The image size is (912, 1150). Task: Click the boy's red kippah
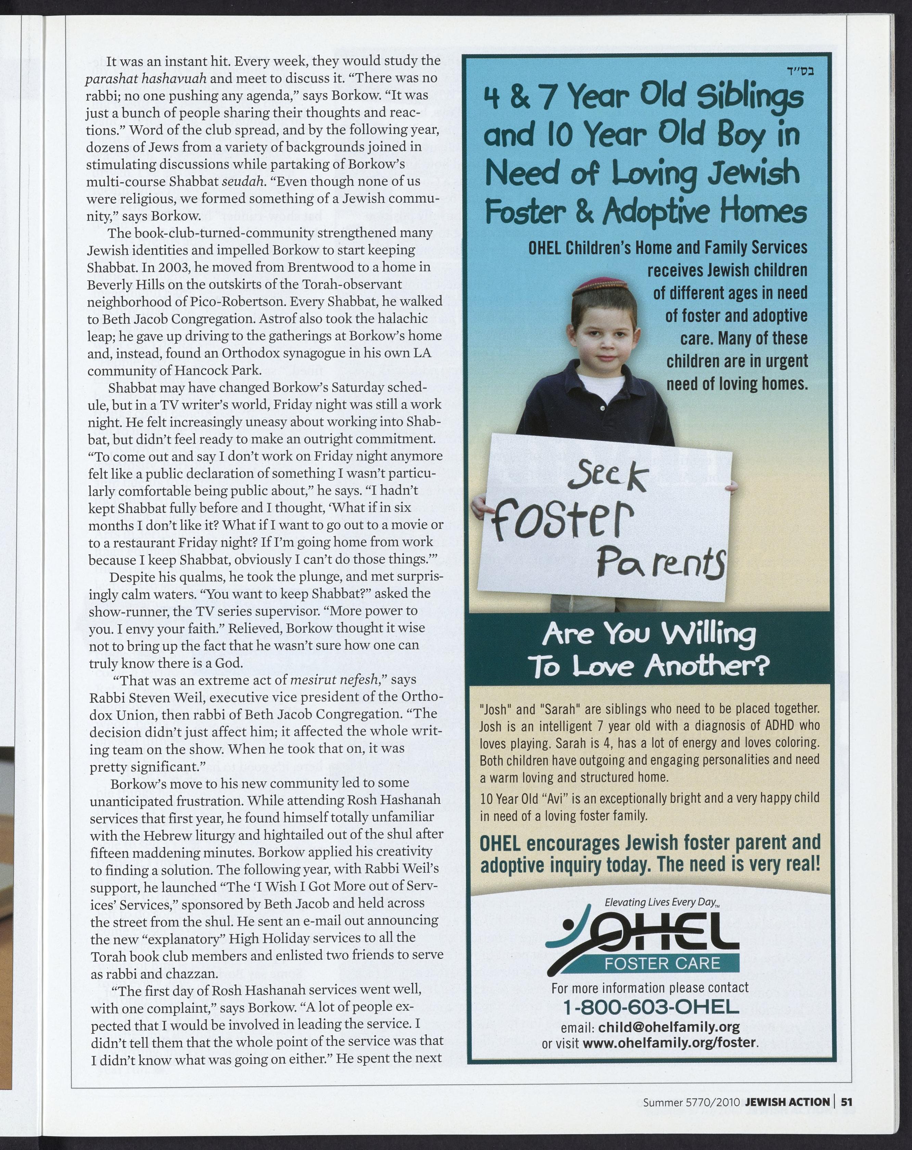click(x=604, y=286)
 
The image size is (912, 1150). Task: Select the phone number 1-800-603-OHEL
click(x=651, y=1007)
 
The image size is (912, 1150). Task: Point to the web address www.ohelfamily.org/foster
click(x=670, y=1042)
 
